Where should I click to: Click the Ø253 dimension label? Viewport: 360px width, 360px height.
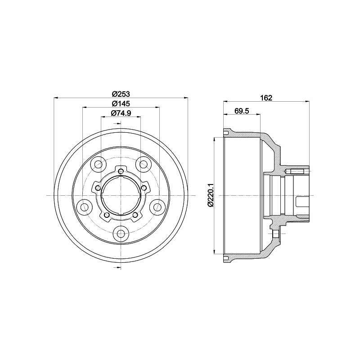[x=121, y=94]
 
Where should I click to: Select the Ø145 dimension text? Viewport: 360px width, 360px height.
[x=121, y=103]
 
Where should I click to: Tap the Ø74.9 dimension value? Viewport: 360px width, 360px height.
[x=121, y=113]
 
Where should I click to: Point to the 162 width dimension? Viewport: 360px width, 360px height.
[x=266, y=98]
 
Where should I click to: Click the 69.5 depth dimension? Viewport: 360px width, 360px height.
[x=242, y=111]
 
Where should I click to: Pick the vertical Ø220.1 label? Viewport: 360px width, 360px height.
[x=211, y=195]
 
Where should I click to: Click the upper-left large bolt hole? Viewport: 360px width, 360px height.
[x=99, y=164]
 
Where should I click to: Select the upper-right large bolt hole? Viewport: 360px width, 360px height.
[x=143, y=164]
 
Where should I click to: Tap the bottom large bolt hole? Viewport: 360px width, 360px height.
[x=121, y=234]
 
